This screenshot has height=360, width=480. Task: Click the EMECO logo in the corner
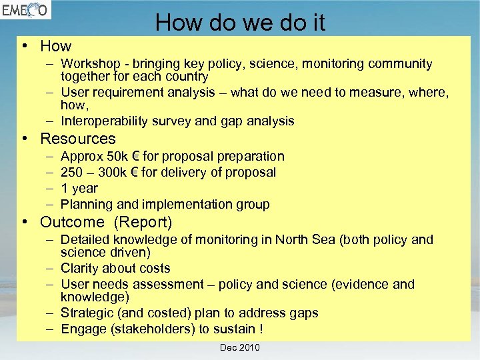(25, 11)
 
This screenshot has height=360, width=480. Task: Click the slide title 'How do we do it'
(240, 23)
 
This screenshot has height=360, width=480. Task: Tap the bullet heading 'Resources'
(78, 139)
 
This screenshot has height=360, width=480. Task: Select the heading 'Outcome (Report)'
(106, 222)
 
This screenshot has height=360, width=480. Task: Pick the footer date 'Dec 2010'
(240, 347)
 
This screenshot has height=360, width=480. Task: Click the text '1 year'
(79, 188)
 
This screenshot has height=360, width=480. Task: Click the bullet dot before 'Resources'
(24, 139)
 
